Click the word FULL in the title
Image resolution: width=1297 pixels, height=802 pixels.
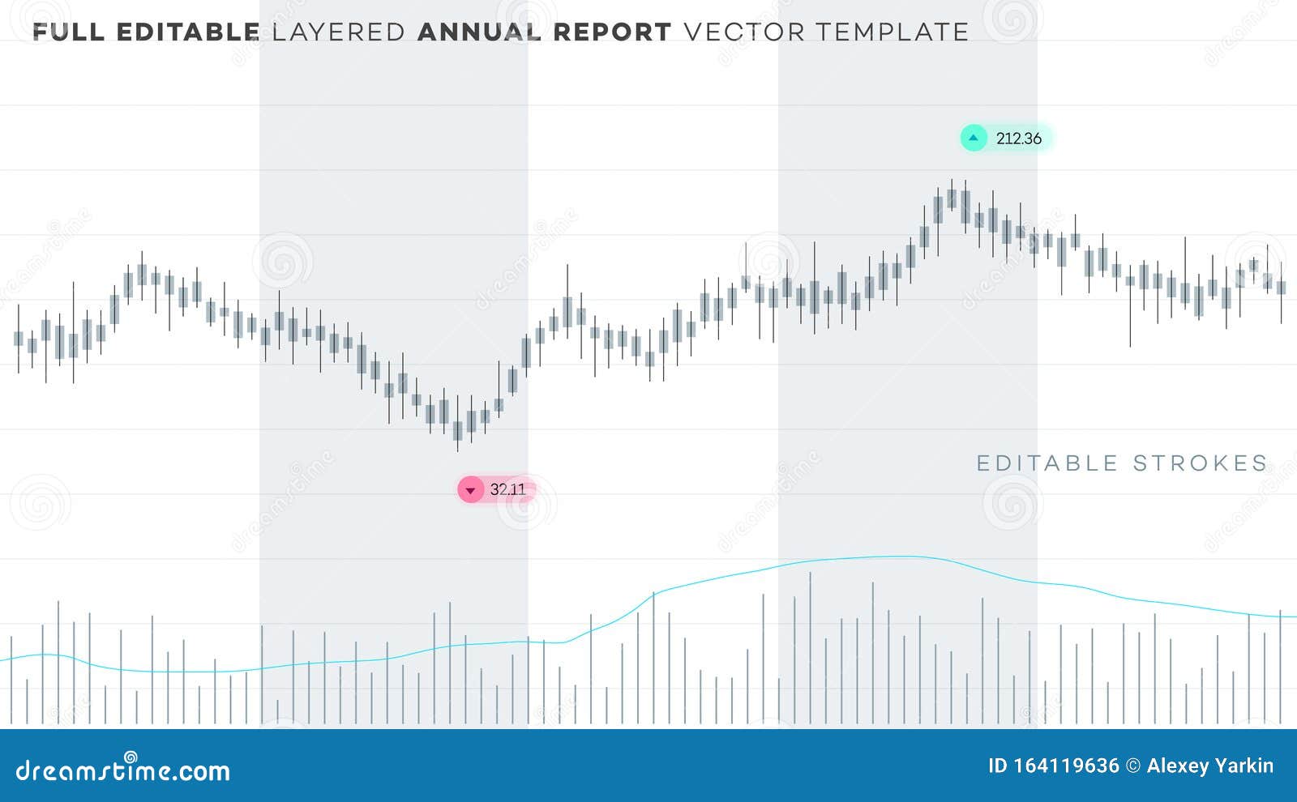(x=68, y=32)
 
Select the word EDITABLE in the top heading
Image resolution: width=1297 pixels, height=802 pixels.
(x=188, y=32)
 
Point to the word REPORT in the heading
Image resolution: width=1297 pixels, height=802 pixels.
(x=612, y=32)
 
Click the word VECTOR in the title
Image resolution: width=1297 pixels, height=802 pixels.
(x=744, y=32)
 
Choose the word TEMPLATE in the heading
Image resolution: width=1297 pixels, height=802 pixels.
(x=892, y=32)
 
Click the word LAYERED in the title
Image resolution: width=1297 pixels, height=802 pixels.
(x=338, y=32)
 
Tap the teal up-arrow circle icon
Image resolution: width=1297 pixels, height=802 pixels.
(x=974, y=138)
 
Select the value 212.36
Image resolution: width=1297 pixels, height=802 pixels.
(x=1018, y=139)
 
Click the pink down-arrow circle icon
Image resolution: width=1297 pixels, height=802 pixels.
(x=470, y=489)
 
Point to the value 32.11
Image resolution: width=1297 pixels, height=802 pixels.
(x=507, y=489)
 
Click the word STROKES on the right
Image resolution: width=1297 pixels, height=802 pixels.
(x=1200, y=463)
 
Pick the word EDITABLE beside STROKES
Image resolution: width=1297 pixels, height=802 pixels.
(x=1047, y=463)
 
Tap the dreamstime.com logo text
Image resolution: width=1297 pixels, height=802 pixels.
(x=123, y=770)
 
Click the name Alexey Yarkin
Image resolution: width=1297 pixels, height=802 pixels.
(x=1209, y=766)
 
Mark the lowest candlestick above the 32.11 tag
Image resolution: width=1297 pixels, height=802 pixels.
(x=458, y=429)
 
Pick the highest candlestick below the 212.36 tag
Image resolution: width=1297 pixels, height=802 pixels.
(x=952, y=198)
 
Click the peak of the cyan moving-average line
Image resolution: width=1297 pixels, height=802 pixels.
(x=900, y=557)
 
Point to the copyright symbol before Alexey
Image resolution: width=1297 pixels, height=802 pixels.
(x=1132, y=766)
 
